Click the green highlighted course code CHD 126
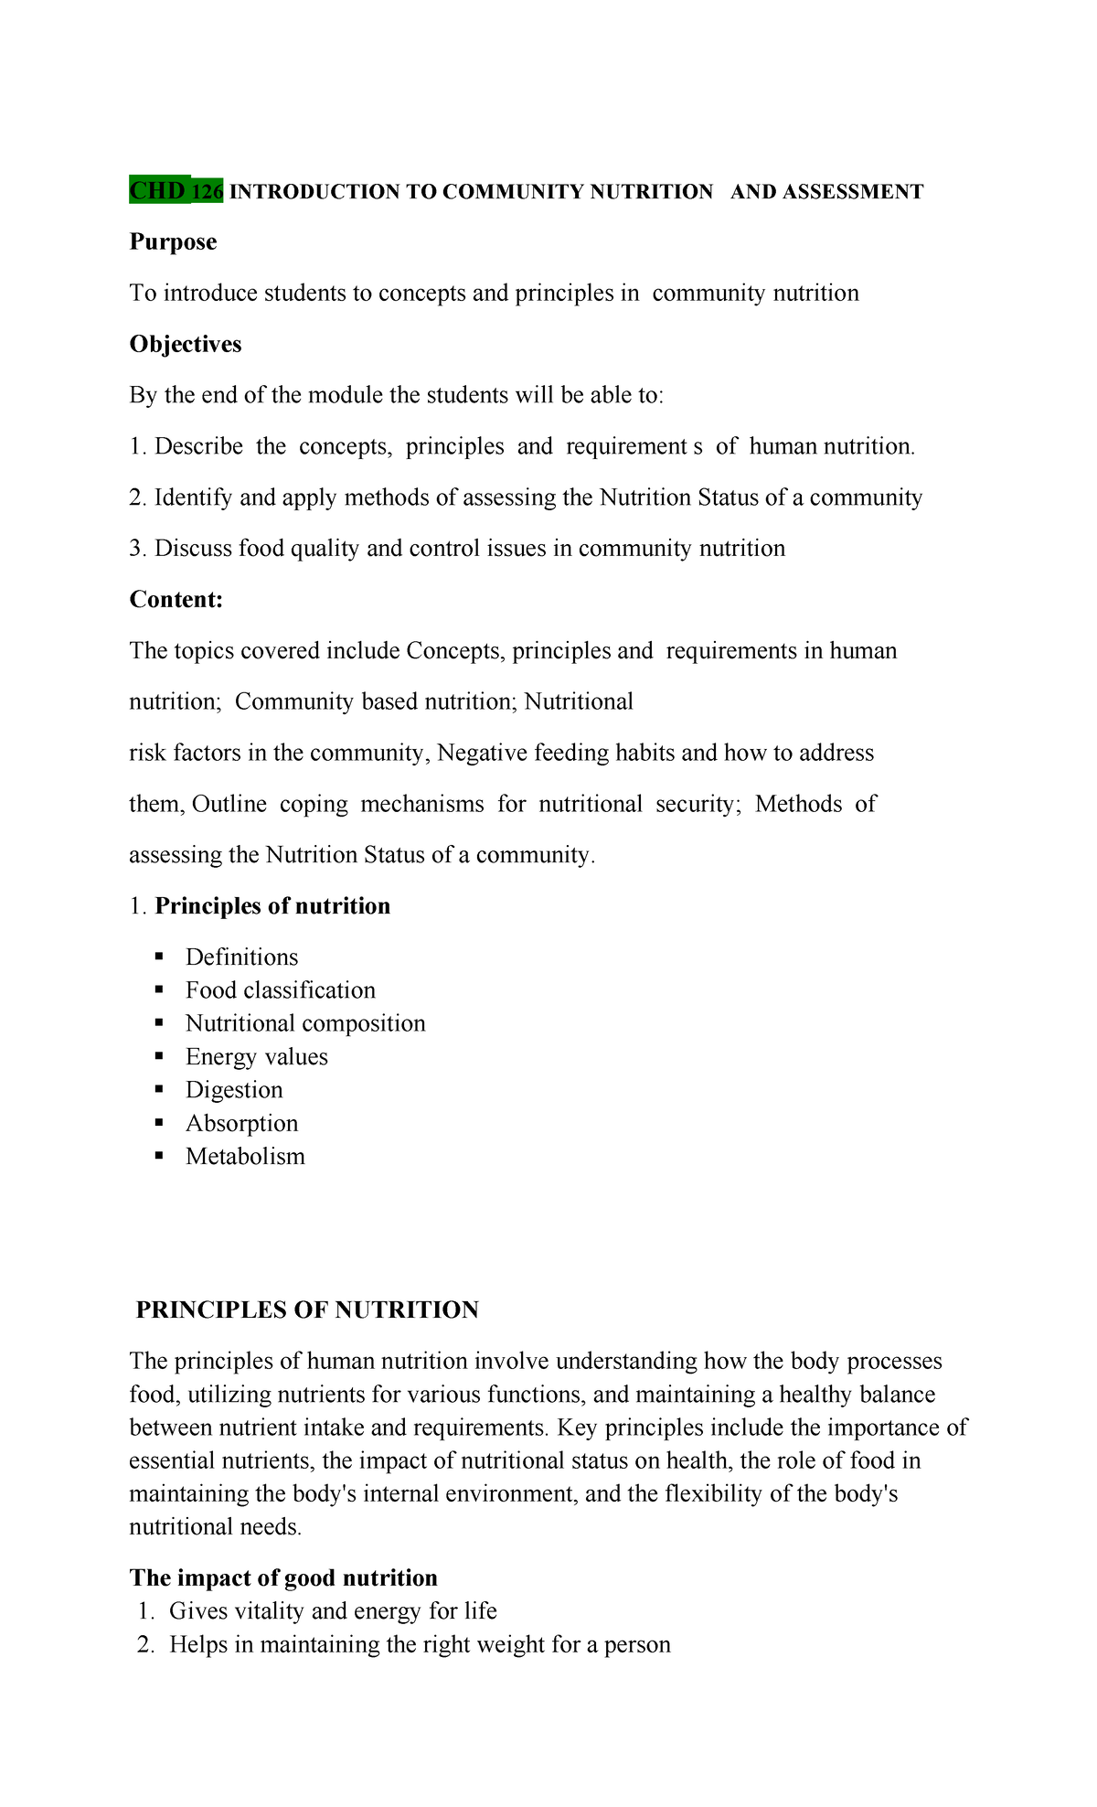(x=176, y=190)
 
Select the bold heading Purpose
(x=173, y=242)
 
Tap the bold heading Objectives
(x=186, y=345)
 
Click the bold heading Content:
(x=176, y=600)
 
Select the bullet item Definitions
(x=241, y=957)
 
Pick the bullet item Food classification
(x=280, y=990)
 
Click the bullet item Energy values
(x=256, y=1057)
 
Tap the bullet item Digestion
(x=234, y=1090)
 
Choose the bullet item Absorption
(x=241, y=1124)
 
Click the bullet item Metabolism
(x=245, y=1157)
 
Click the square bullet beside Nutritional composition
(x=160, y=1022)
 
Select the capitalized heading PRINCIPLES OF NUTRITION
(x=307, y=1310)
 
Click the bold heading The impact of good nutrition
(x=283, y=1578)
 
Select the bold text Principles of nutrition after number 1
(x=272, y=906)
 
